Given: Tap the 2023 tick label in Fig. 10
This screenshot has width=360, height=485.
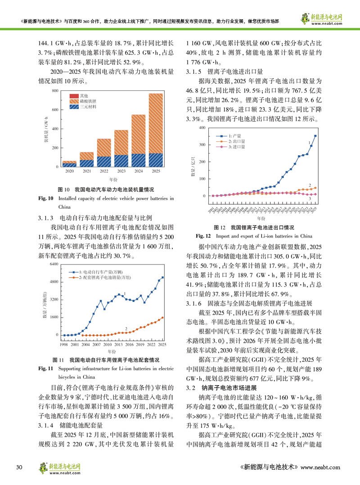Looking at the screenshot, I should pos(121,171).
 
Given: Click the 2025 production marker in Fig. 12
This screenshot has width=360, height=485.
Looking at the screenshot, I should pos(315,135).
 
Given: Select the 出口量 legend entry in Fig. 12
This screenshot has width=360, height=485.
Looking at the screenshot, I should pos(237,141).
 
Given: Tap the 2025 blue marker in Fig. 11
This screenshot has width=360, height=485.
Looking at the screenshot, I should pos(162,278).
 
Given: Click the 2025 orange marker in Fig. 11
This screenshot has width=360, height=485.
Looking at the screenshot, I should pos(162,317).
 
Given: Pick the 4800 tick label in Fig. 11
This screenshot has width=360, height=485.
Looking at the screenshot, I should pos(54,282).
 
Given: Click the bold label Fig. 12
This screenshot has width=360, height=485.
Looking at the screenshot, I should pos(203,236).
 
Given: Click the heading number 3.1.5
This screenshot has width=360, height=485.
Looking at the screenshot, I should pos(193,72).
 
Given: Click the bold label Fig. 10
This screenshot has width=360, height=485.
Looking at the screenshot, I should pos(47,198).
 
